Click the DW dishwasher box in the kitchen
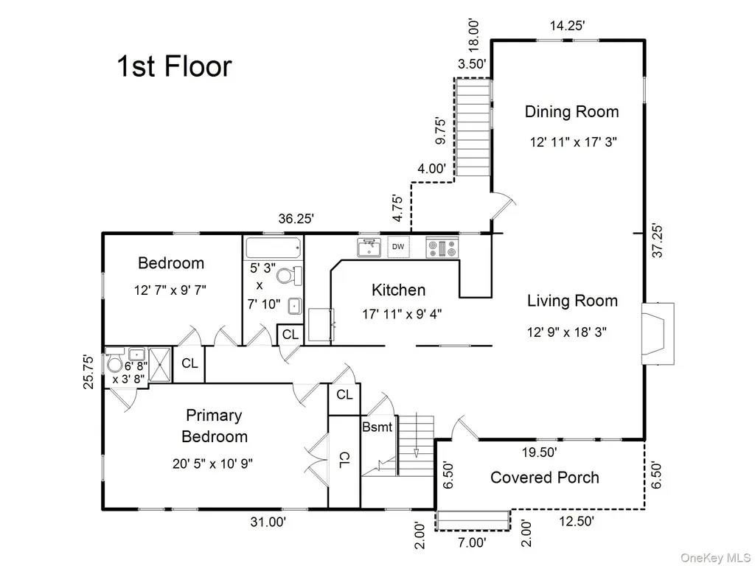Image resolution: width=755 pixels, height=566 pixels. click(398, 247)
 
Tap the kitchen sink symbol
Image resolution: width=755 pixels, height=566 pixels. click(369, 248)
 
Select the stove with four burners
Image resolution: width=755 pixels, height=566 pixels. click(442, 248)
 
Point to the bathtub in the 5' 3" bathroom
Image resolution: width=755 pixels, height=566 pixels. click(274, 248)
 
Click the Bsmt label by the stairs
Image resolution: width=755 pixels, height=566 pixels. click(377, 427)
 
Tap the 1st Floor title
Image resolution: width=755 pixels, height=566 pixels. click(174, 66)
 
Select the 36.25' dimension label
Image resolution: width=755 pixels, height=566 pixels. click(296, 218)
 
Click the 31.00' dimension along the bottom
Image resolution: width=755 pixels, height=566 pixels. click(268, 521)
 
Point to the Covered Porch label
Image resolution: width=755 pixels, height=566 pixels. click(545, 478)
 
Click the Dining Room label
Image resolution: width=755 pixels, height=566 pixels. click(571, 112)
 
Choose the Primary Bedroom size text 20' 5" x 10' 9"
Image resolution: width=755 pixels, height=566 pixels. click(213, 464)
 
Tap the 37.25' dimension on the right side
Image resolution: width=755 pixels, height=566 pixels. click(658, 240)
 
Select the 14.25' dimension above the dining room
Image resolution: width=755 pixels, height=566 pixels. click(568, 26)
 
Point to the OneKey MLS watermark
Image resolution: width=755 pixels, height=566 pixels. click(714, 558)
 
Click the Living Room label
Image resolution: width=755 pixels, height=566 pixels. click(572, 301)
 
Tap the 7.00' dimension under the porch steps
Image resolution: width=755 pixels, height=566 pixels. click(472, 542)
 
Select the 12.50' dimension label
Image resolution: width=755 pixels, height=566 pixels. click(577, 521)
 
